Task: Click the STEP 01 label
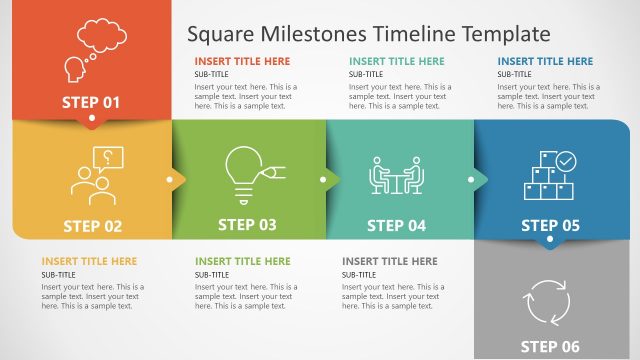(x=91, y=102)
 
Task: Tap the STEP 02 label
(x=92, y=226)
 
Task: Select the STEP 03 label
(x=247, y=225)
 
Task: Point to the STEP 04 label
(x=396, y=226)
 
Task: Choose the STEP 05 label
(x=550, y=226)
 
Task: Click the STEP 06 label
(x=550, y=347)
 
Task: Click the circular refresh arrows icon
(x=547, y=299)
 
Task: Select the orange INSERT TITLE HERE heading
(x=243, y=61)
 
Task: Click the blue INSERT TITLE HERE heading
(x=545, y=61)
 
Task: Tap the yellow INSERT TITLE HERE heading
(x=89, y=261)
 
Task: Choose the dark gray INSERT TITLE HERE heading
(x=390, y=261)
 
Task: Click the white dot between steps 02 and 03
(x=170, y=181)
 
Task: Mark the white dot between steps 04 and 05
(x=470, y=181)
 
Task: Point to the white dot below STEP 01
(x=92, y=119)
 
